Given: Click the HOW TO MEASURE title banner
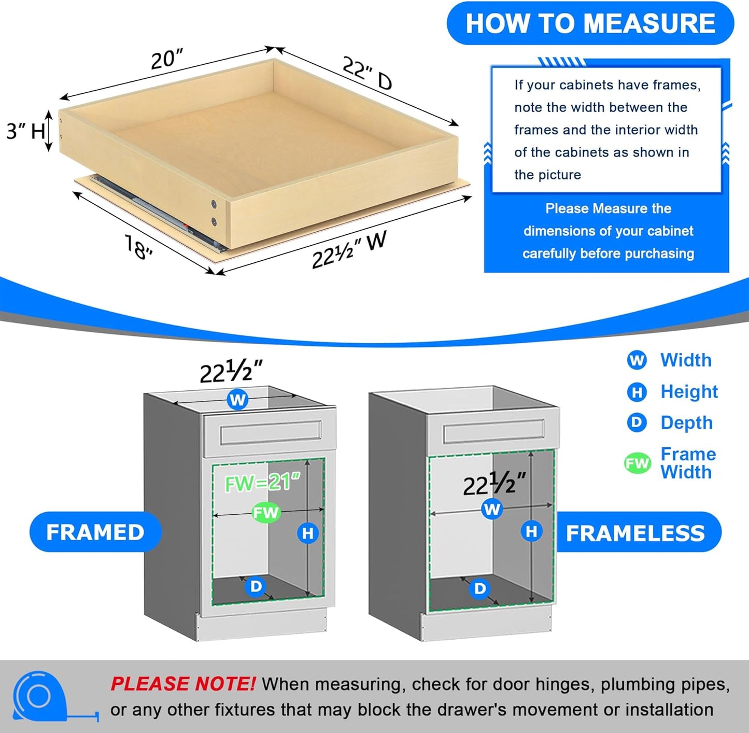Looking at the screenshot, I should coord(590,24).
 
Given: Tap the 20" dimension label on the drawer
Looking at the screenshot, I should coord(167,59).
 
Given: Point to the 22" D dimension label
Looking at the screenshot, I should coord(367,73).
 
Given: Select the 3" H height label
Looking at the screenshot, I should coord(25,131).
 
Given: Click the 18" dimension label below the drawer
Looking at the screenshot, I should coord(138,247).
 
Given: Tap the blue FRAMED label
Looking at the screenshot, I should coord(95,532).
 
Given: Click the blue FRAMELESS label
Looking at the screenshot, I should coord(635,533).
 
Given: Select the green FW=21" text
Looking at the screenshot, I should coord(262,483).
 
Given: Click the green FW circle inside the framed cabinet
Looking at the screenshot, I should coord(266,513).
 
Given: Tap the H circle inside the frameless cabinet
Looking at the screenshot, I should coord(531,531).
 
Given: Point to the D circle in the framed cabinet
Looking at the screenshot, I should coord(256,586).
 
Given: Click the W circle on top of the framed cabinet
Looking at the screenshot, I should coord(237,400).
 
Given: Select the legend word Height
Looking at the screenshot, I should coord(689,391).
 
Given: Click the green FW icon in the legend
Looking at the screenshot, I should coord(637,463).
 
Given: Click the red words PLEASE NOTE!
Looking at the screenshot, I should coord(182,684).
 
